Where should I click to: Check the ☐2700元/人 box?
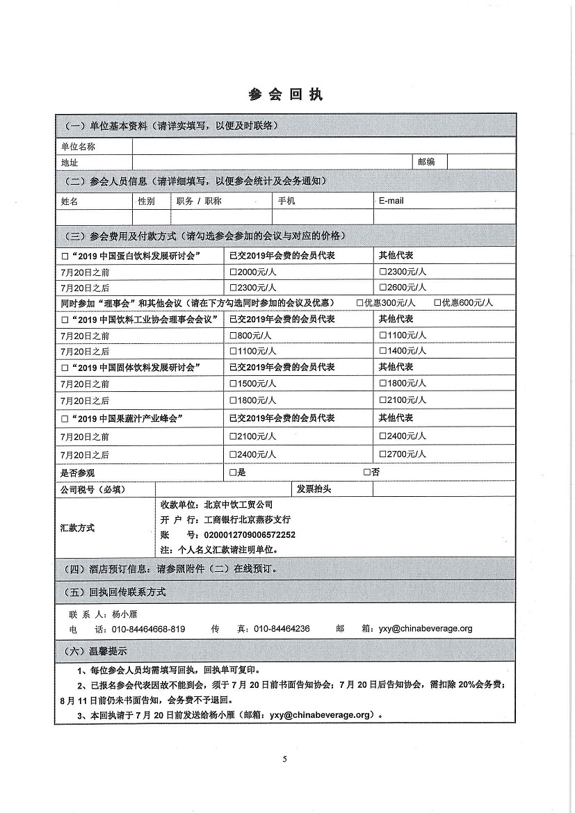pos(382,454)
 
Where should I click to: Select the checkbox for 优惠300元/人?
pos(359,303)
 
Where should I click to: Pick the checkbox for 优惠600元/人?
pos(437,303)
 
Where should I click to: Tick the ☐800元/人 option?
pos(233,335)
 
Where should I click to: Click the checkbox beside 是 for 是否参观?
pos(233,473)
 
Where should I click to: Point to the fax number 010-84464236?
pos(282,629)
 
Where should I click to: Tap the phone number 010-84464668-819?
pos(148,629)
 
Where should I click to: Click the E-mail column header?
pos(391,201)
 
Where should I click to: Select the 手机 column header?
pos(286,201)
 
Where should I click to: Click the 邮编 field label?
pos(426,162)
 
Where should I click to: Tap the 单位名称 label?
pos(78,147)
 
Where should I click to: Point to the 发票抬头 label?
pos(314,489)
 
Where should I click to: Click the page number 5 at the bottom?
pos(285,758)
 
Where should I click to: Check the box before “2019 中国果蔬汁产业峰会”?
pos(65,418)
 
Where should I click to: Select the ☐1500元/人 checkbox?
pos(233,384)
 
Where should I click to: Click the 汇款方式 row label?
pos(78,527)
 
